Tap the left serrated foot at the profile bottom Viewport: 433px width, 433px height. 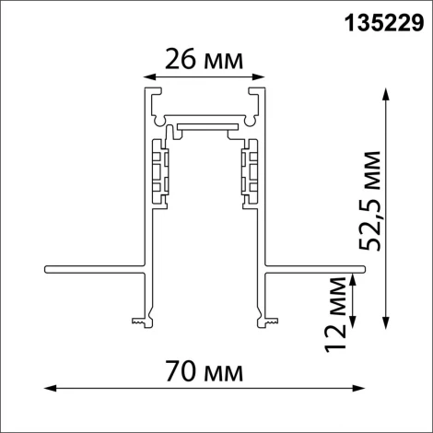pos(139,322)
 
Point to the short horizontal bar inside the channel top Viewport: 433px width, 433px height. pos(206,122)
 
